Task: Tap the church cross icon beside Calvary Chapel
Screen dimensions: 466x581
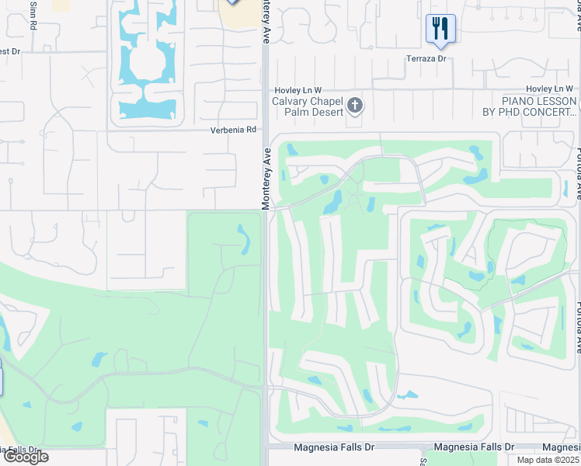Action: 355,105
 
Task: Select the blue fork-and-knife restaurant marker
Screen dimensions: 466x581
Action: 440,30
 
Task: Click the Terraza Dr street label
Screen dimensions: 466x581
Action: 427,58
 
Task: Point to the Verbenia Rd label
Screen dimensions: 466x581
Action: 233,130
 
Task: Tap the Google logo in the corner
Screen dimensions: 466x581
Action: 25,457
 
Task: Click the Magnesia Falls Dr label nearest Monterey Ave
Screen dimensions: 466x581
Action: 332,447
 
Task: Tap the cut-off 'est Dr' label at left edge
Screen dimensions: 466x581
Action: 9,52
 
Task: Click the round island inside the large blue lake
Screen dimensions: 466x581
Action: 145,62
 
